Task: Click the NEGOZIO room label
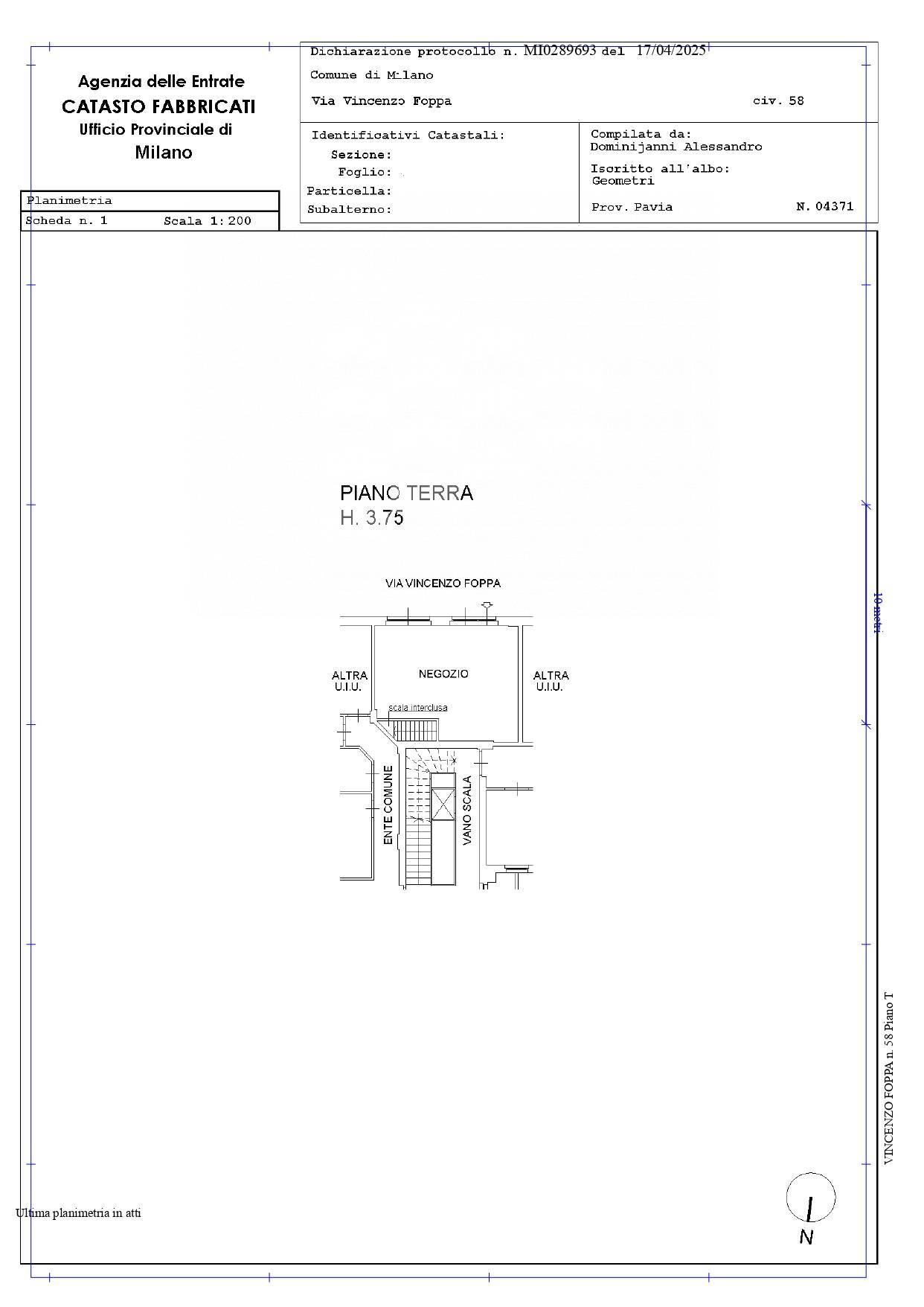[443, 674]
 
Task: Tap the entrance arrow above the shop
[487, 608]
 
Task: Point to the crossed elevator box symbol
[443, 805]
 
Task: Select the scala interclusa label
[418, 708]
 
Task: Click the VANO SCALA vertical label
[467, 811]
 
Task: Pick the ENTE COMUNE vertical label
[388, 805]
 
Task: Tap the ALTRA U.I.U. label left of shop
[349, 681]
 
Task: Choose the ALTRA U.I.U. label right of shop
[551, 681]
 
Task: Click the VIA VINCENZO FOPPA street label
[443, 584]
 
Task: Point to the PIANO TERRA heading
[406, 493]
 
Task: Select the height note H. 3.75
[372, 518]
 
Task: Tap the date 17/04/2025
[671, 51]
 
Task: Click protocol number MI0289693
[560, 51]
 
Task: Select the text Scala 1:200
[208, 221]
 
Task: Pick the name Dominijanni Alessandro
[676, 147]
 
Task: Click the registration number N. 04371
[825, 206]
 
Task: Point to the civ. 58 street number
[778, 100]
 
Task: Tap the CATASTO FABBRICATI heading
[158, 106]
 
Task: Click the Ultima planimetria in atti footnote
[78, 1213]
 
